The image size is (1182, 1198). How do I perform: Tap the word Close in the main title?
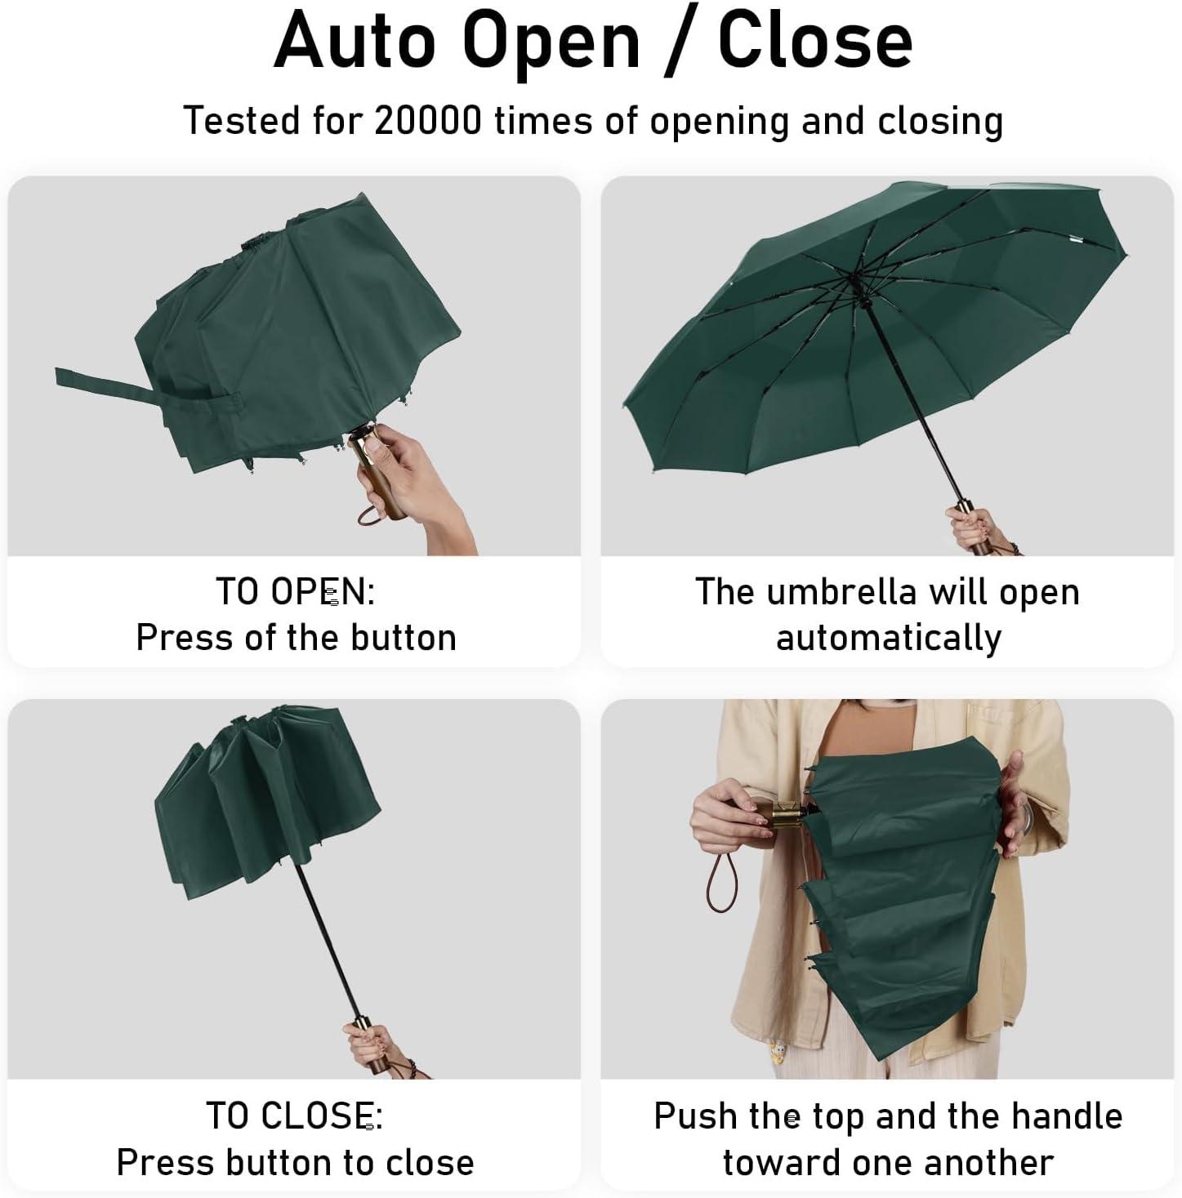pyautogui.click(x=815, y=40)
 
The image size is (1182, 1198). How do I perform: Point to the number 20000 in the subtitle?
pyautogui.click(x=428, y=120)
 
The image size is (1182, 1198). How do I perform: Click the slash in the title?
pyautogui.click(x=679, y=41)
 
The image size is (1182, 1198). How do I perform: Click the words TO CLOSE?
pyautogui.click(x=295, y=1116)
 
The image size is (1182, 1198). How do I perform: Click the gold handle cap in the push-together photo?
pyautogui.click(x=781, y=817)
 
